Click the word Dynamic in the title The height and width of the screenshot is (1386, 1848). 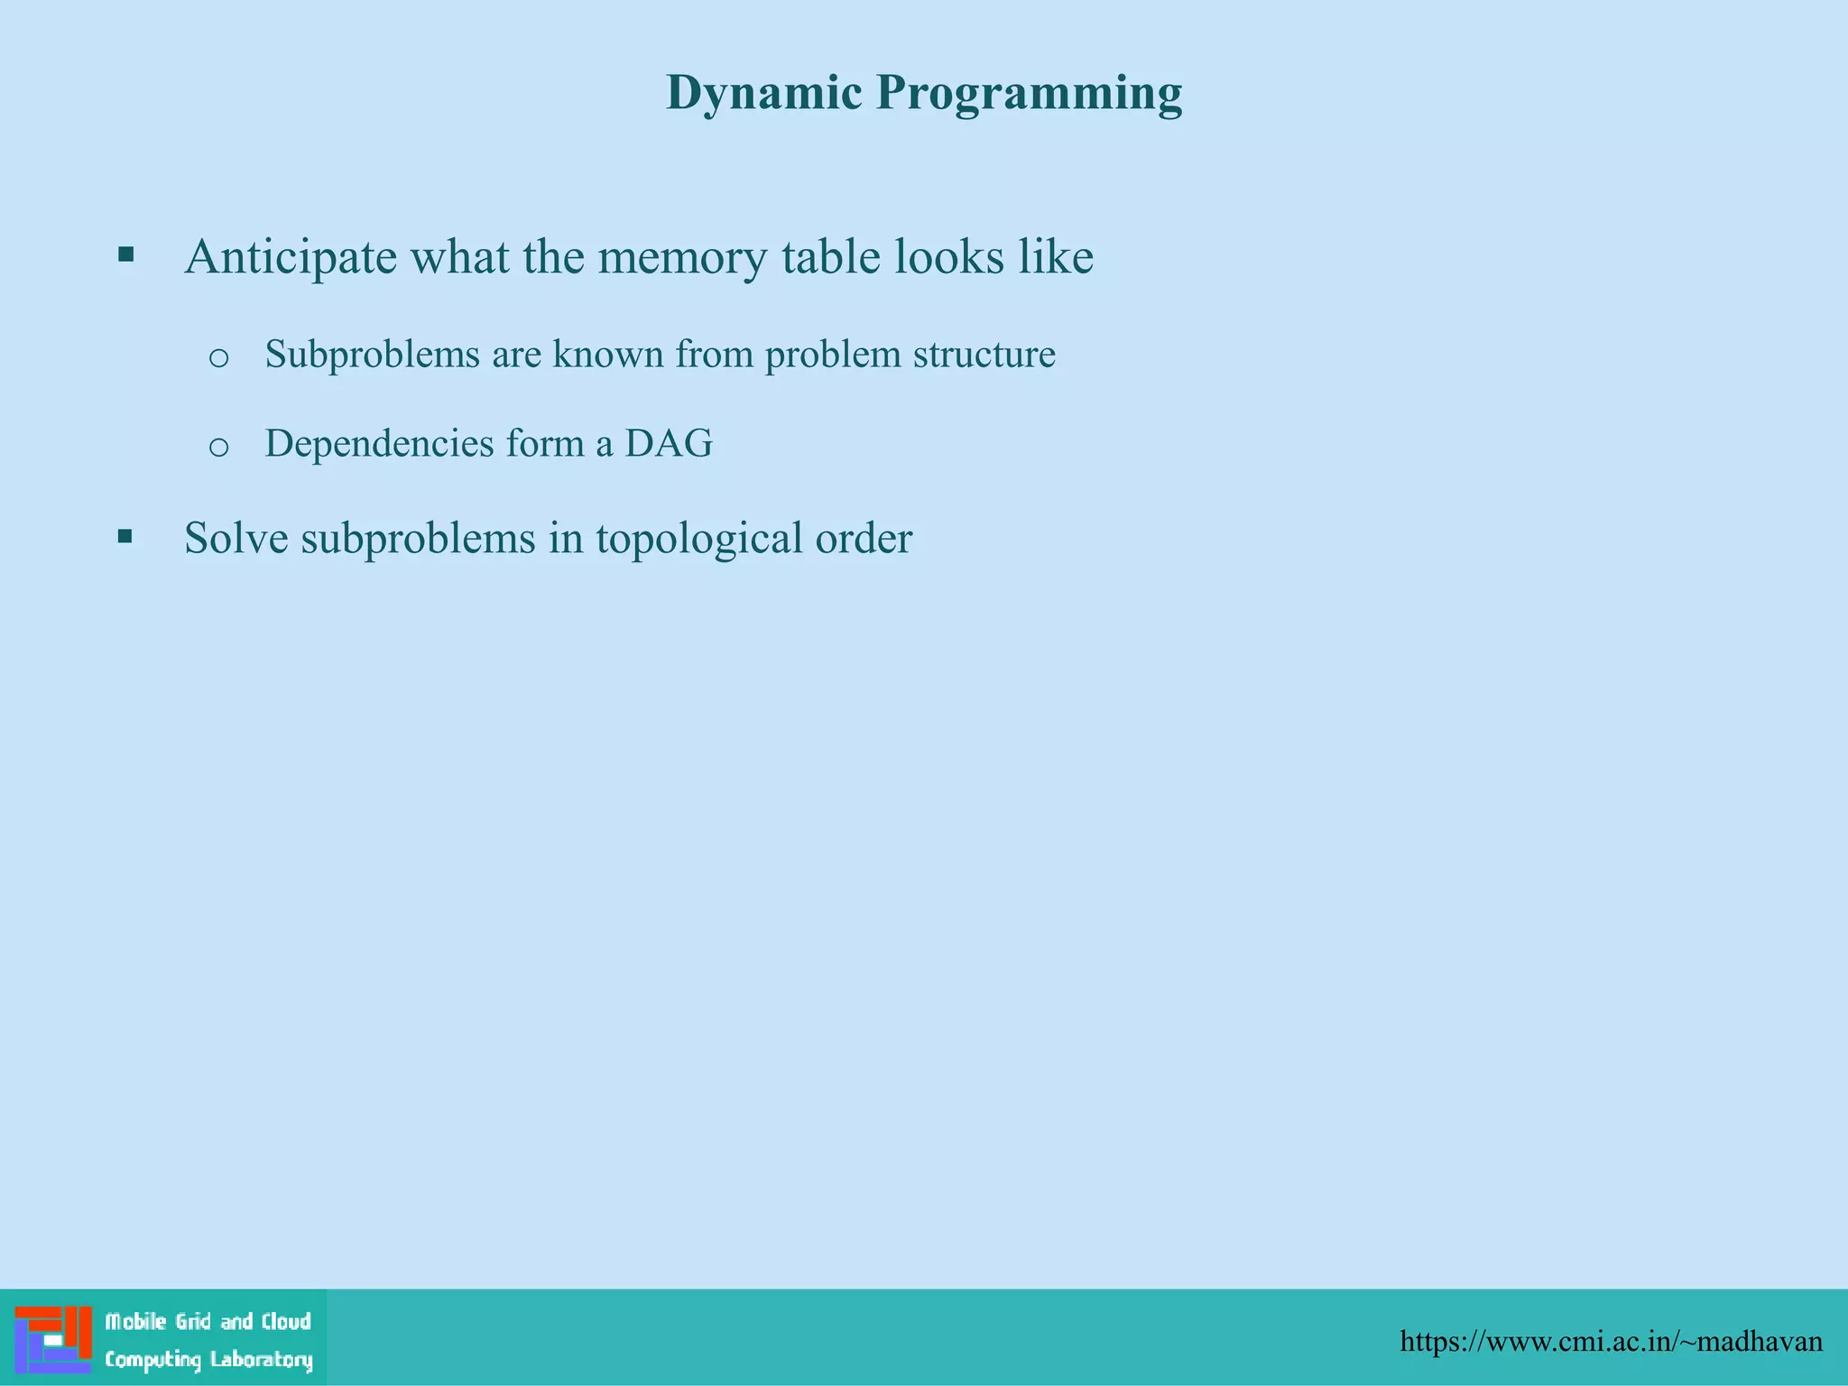tap(763, 93)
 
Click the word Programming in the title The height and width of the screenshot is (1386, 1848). tap(1029, 93)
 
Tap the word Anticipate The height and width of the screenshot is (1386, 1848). tap(291, 257)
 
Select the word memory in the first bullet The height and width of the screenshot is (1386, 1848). tap(683, 257)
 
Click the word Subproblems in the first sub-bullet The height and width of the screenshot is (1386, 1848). tap(372, 354)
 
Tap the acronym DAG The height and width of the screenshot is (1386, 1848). tap(669, 443)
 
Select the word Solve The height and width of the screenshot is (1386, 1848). tap(236, 538)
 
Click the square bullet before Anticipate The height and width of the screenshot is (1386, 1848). tap(125, 254)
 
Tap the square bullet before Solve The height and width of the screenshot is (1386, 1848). tap(125, 538)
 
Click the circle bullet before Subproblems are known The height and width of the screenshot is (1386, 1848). tap(218, 358)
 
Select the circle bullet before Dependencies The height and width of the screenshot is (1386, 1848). tap(218, 447)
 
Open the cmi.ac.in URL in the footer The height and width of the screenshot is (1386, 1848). tap(1611, 1341)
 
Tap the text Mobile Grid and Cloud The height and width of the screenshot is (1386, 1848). tap(208, 1322)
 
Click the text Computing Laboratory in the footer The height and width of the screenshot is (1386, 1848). tap(208, 1359)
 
